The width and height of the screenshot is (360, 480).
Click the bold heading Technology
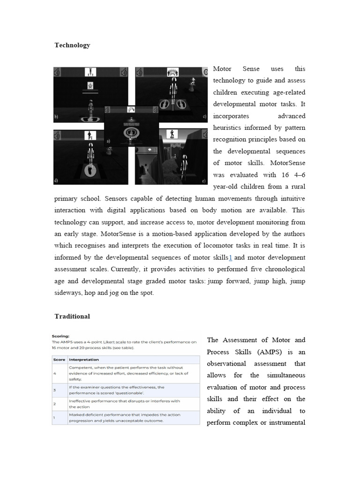72,45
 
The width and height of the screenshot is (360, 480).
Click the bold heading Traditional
72,316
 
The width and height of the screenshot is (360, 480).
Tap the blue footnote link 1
230,257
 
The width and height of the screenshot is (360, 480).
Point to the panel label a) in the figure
109,140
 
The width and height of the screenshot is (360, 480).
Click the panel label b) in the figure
56,116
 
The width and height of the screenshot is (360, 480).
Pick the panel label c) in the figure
204,116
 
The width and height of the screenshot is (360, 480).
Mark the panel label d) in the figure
56,180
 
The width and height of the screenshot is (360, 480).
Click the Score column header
59,360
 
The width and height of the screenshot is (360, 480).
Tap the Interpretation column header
84,360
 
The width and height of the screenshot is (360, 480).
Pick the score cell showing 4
54,374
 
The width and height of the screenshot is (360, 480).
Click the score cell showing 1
54,418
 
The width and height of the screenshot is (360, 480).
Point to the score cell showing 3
54,390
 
